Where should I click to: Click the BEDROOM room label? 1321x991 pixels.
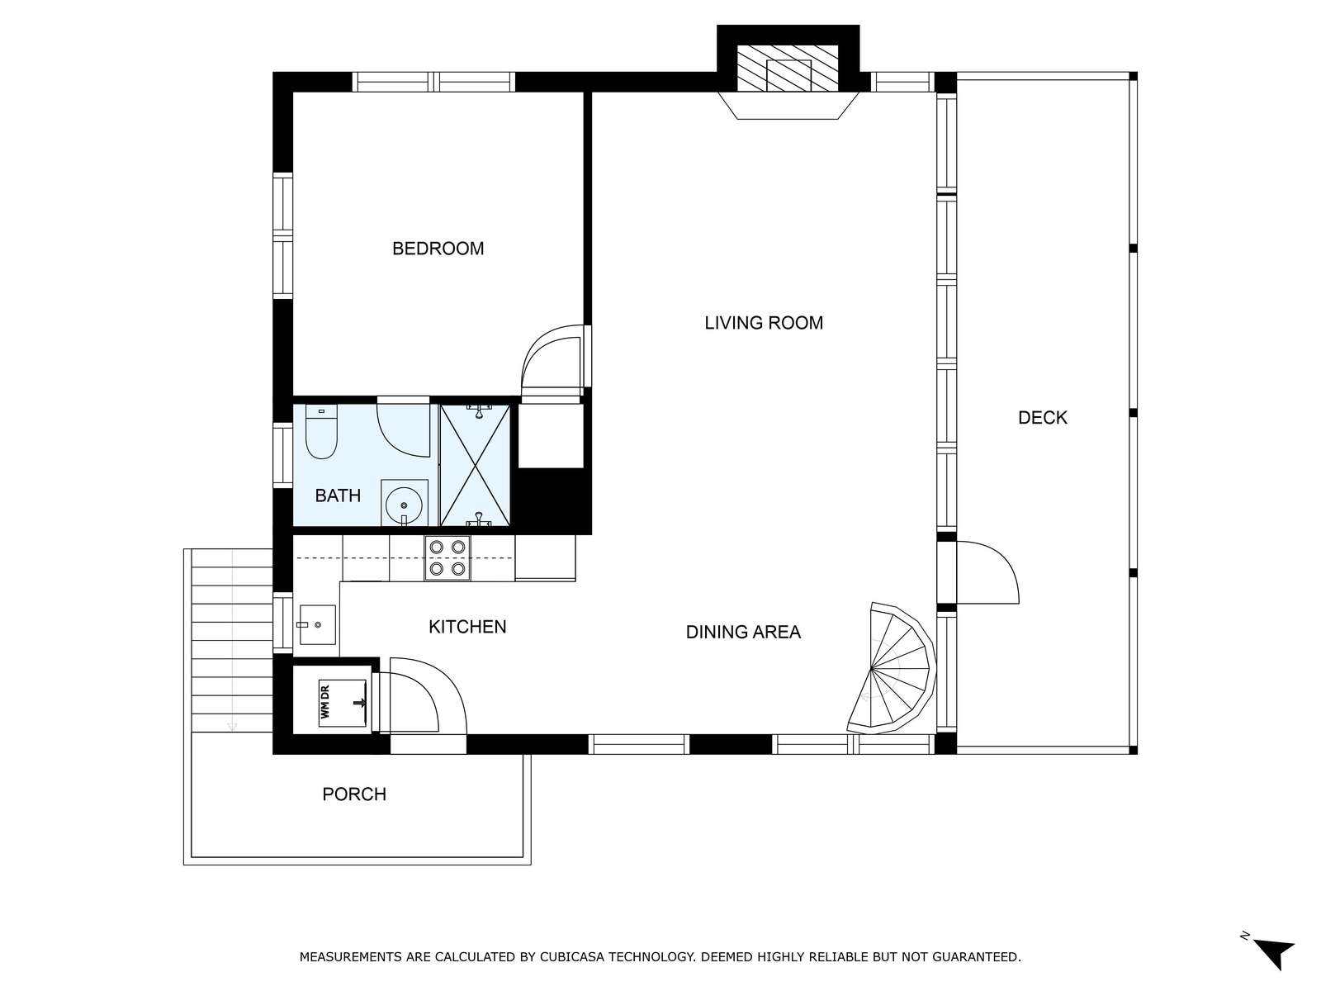[438, 249]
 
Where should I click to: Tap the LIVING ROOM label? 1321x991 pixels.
[763, 323]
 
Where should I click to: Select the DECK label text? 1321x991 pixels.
[1043, 418]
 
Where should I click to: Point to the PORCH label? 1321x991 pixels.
[354, 794]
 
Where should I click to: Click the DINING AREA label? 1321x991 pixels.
[743, 632]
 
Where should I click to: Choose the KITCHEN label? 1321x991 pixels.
[467, 627]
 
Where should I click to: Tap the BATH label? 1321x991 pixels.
[338, 495]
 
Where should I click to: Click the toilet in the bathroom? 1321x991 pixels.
[321, 431]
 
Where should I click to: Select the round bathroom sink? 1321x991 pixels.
[404, 503]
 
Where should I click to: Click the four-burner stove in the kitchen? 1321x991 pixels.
[447, 557]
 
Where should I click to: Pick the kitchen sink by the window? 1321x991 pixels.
[317, 624]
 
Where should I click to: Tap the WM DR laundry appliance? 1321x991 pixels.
[343, 702]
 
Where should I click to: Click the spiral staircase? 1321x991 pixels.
[893, 668]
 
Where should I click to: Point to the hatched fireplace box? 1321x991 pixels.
[788, 67]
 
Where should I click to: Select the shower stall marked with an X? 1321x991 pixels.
[476, 466]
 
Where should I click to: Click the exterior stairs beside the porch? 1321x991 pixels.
[231, 641]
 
